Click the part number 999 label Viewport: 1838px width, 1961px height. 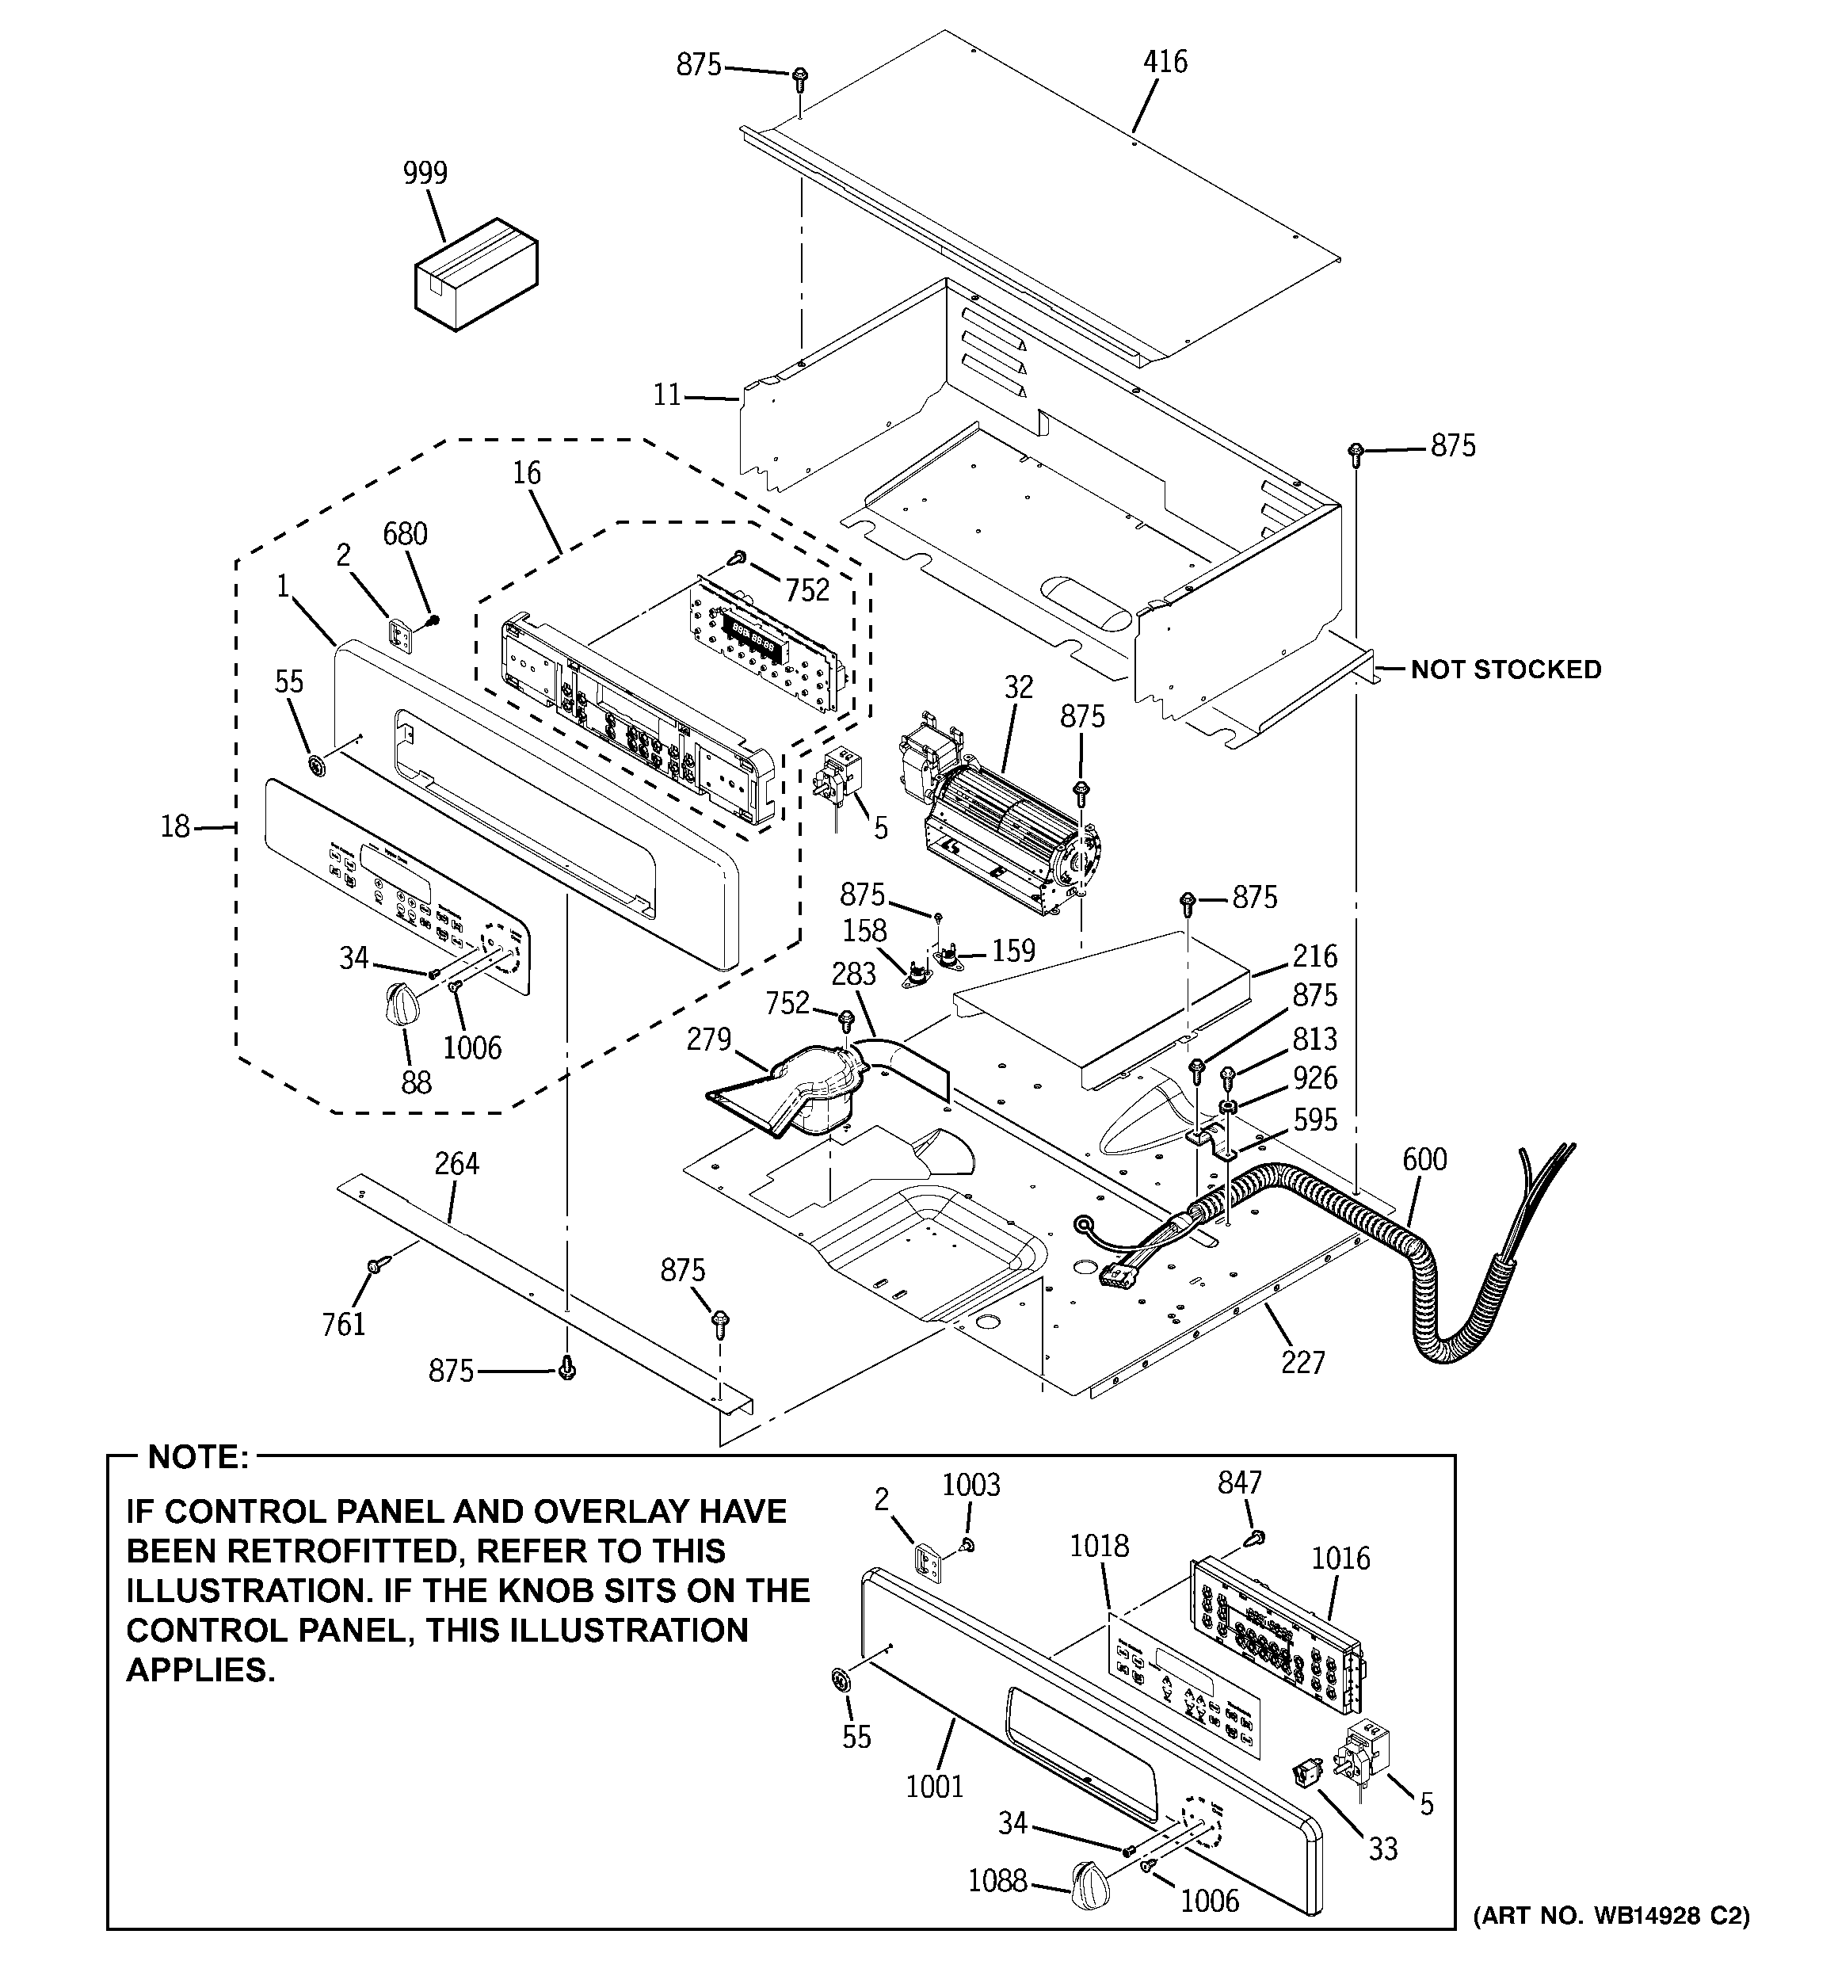(425, 173)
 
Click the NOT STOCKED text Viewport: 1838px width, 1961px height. (1505, 670)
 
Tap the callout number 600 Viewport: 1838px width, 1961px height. (1424, 1159)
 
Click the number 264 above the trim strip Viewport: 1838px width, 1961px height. (457, 1164)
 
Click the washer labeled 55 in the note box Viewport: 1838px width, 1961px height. (841, 1678)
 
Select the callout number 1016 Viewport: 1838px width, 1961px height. (1340, 1558)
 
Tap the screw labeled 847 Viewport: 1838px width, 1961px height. (1256, 1537)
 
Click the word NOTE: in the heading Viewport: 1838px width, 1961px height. (197, 1457)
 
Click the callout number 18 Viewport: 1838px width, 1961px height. (176, 826)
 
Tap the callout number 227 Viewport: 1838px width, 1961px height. (1302, 1362)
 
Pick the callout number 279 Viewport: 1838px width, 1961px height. (708, 1040)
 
